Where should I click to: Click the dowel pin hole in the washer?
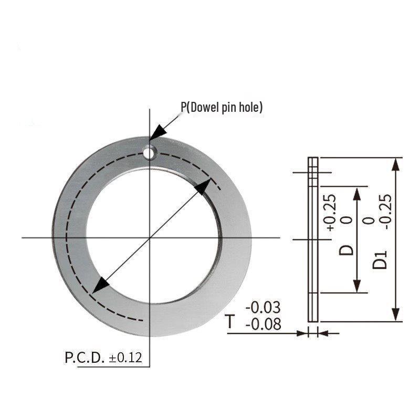click(150, 152)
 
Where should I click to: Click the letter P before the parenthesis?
click(184, 107)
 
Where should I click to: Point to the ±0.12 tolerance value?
click(125, 358)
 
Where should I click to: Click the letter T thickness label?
click(230, 321)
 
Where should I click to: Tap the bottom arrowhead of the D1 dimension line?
click(396, 314)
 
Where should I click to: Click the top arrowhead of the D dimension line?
click(357, 195)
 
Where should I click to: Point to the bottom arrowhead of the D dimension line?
click(357, 286)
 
